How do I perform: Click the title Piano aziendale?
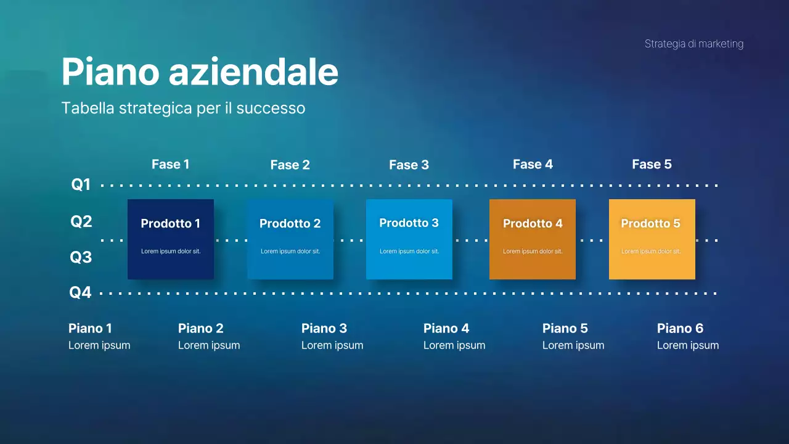pos(200,72)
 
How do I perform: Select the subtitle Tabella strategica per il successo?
pos(183,108)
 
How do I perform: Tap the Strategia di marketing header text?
pos(693,44)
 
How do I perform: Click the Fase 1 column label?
pos(170,164)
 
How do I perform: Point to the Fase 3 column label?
pos(409,165)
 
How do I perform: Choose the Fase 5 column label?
pos(652,164)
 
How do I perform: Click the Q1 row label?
pos(81,184)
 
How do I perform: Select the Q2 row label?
pos(81,221)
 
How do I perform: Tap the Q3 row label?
pos(81,257)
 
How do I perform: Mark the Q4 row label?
pos(80,292)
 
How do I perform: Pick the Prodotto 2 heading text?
pos(290,224)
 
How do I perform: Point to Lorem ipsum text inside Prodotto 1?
pos(171,252)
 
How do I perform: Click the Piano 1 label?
pos(90,328)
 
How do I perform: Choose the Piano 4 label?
pos(446,328)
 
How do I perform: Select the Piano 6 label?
pos(680,328)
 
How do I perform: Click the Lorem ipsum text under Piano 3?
pos(332,345)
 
